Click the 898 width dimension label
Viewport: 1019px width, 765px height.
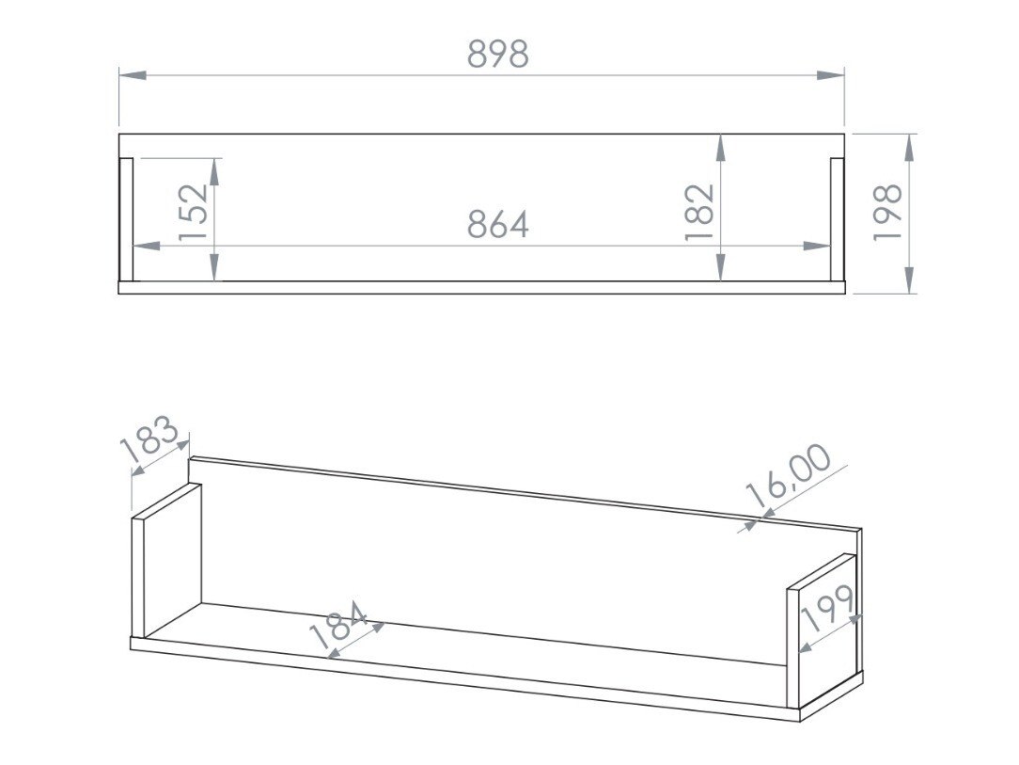[x=498, y=55]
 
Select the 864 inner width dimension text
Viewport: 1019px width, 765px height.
[x=498, y=225]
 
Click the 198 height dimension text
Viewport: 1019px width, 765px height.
[x=887, y=212]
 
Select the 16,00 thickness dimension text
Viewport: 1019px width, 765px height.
[x=788, y=476]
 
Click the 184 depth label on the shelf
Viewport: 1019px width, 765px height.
[x=338, y=628]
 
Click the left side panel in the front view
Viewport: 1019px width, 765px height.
[x=125, y=219]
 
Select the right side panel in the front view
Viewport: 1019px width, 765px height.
[x=838, y=219]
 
